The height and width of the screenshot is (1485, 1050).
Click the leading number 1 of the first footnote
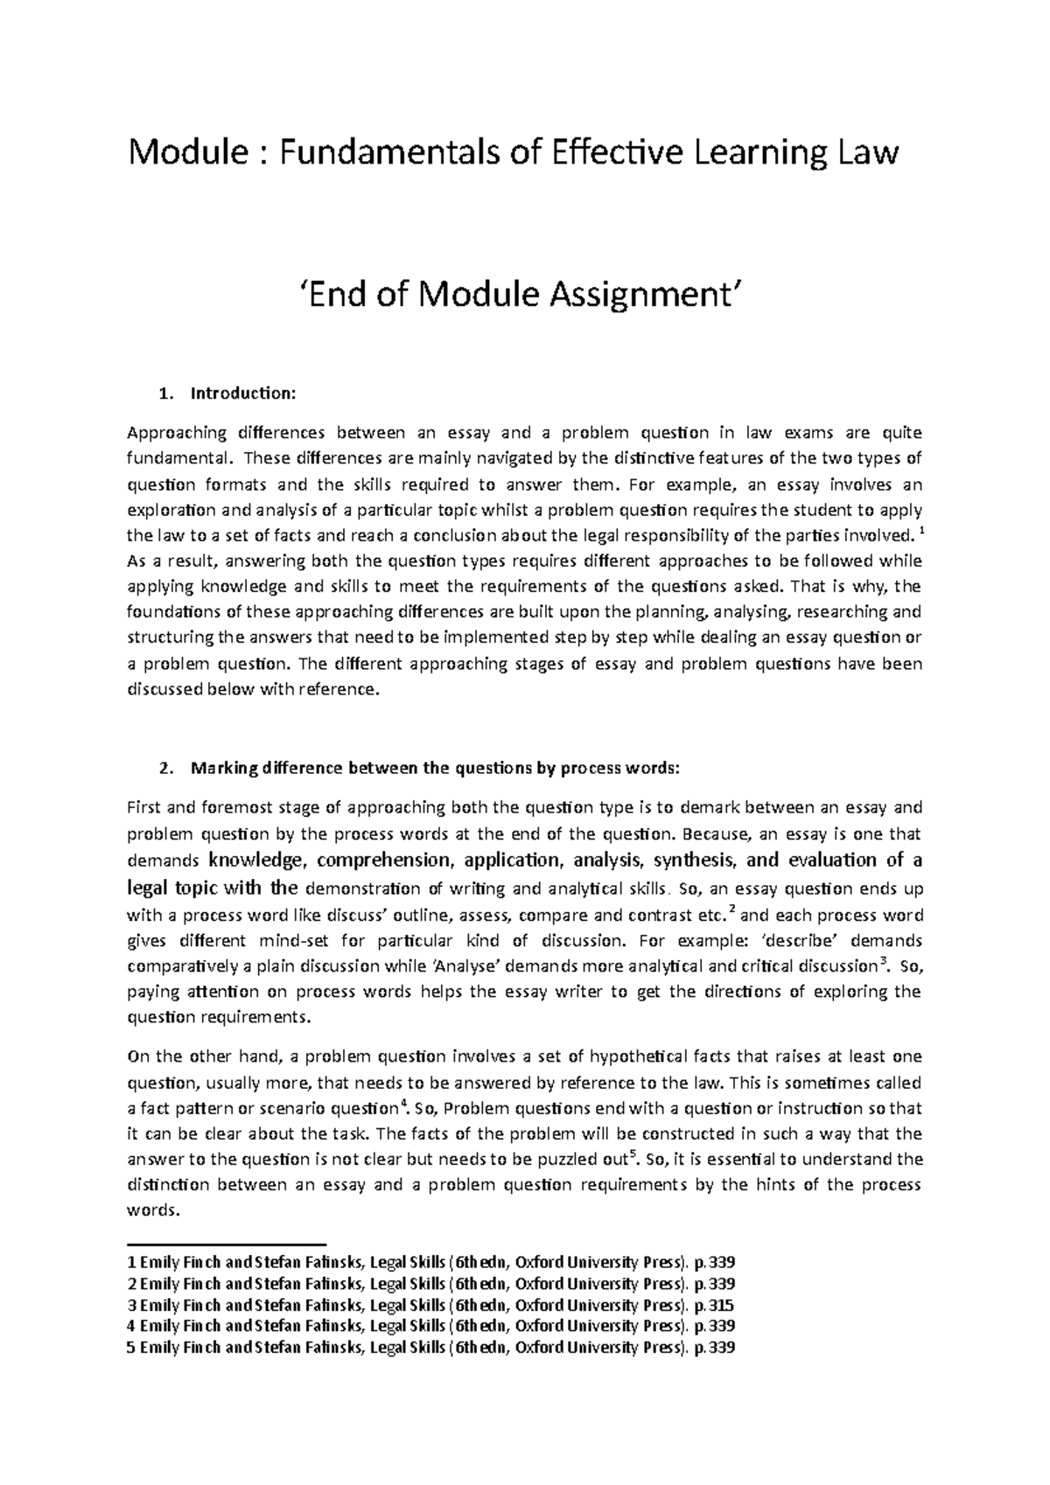tap(131, 1263)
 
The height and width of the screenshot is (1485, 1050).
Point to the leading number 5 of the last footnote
tap(131, 1348)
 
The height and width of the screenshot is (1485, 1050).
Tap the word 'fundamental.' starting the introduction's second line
tap(181, 457)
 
